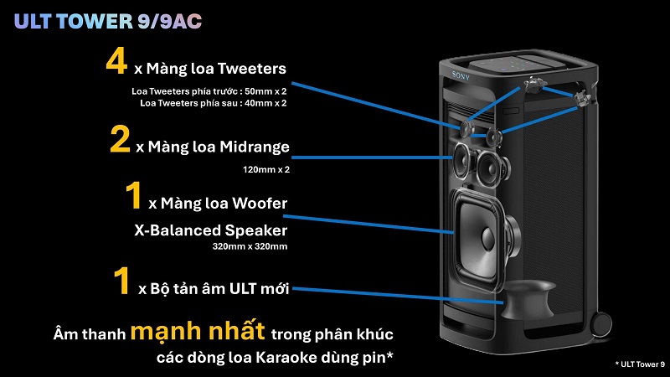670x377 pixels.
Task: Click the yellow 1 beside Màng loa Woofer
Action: click(131, 198)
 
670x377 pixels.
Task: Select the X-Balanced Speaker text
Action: click(210, 230)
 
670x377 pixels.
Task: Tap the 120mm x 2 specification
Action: click(265, 169)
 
